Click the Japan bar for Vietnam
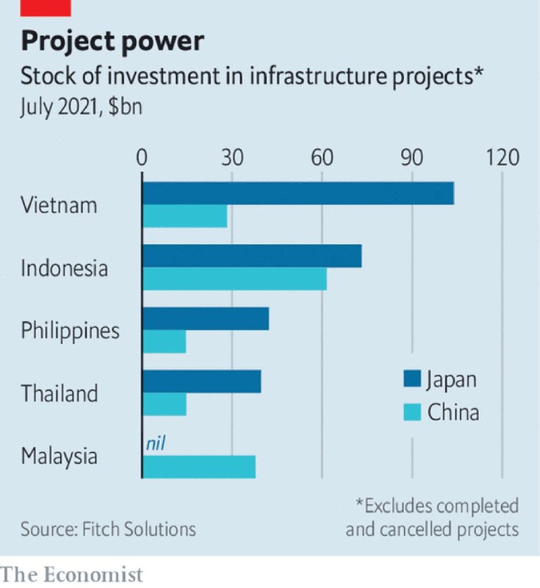(x=298, y=194)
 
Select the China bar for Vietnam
(x=184, y=217)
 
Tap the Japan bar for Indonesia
(x=252, y=257)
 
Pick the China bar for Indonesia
(x=234, y=279)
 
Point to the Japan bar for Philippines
(x=206, y=320)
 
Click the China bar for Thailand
(x=165, y=405)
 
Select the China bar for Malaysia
(x=199, y=467)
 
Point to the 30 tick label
(x=232, y=158)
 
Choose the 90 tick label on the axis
(x=412, y=158)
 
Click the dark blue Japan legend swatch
(x=411, y=379)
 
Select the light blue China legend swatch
(x=411, y=412)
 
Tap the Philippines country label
(x=70, y=331)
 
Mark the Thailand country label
(x=60, y=393)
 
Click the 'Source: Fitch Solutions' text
(x=108, y=528)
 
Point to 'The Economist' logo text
(x=71, y=573)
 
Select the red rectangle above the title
(x=46, y=7)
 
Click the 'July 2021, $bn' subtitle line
(x=81, y=107)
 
